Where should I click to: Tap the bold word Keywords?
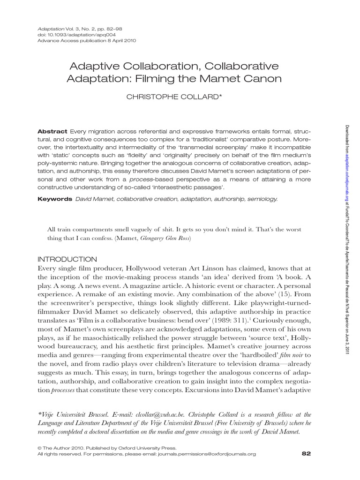[x=54, y=199]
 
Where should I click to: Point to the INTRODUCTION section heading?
[x=67, y=259]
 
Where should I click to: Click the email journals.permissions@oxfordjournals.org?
[x=207, y=454]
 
